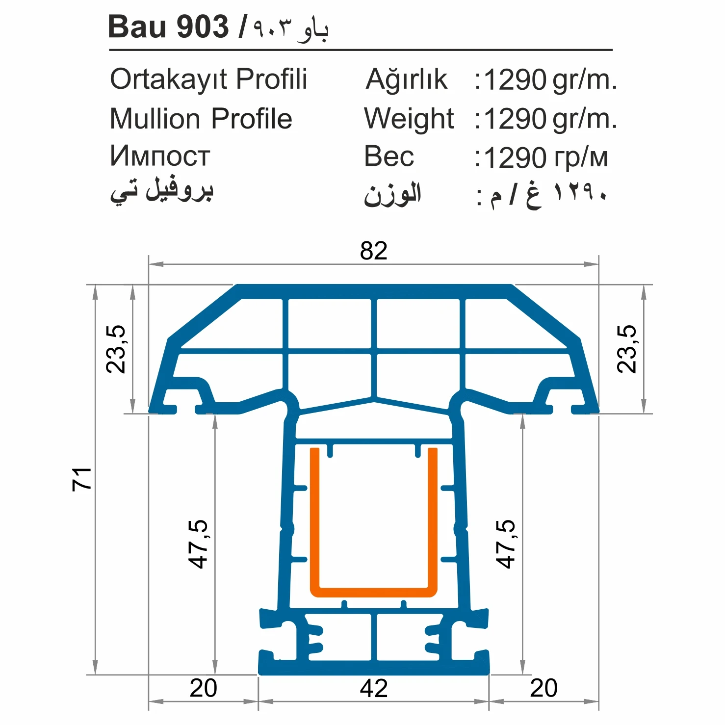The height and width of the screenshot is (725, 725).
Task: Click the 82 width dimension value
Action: [374, 251]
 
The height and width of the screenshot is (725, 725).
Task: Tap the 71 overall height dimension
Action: [82, 479]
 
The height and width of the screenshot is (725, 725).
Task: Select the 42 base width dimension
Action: [374, 688]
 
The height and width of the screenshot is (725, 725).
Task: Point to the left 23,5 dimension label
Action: [116, 349]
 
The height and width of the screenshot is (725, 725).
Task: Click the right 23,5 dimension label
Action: [627, 349]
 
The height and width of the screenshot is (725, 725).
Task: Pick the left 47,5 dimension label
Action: [199, 544]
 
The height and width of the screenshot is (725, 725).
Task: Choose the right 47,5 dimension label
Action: [505, 544]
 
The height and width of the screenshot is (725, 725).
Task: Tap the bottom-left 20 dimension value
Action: [203, 688]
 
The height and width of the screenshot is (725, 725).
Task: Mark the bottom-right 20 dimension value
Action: [544, 688]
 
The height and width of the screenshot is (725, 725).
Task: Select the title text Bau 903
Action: [168, 27]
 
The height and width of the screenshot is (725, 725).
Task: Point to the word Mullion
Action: [155, 119]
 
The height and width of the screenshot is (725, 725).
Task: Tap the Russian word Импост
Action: [160, 156]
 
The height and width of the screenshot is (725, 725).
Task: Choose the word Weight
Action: [409, 119]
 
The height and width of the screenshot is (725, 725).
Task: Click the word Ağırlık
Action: [407, 79]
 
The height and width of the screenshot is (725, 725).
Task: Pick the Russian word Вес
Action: [389, 157]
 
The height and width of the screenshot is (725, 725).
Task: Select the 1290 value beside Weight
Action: [515, 119]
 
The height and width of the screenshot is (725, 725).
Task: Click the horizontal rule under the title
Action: [361, 50]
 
